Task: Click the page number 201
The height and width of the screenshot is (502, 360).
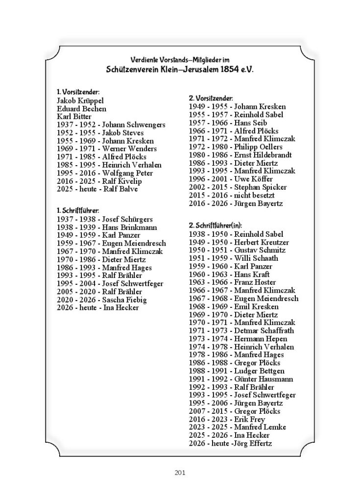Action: (179, 473)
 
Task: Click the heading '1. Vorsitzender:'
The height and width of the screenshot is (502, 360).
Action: (78, 92)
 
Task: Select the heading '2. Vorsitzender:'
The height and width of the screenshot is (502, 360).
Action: (211, 99)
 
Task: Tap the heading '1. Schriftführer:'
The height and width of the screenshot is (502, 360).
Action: (78, 210)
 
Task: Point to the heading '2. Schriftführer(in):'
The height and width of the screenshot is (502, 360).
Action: (219, 225)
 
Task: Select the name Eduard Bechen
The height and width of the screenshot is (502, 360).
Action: (81, 108)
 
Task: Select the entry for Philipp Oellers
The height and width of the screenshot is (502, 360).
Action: (236, 147)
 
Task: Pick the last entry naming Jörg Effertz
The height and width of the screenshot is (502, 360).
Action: (230, 443)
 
